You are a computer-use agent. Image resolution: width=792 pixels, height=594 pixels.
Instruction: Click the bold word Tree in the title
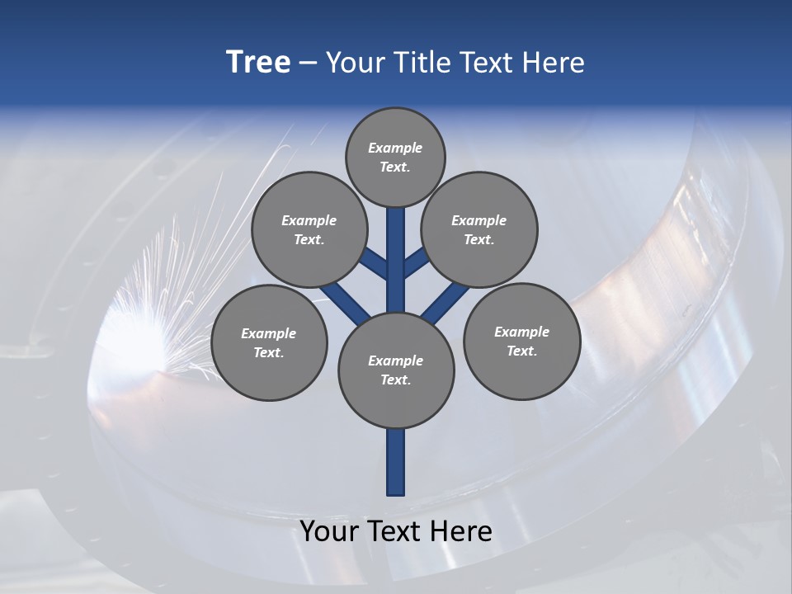coord(258,63)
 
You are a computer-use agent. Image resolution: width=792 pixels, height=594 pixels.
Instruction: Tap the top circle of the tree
coord(395,157)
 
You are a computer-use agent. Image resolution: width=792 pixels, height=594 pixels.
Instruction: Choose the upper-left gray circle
coord(309,229)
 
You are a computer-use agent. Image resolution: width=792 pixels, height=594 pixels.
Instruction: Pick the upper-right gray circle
coord(478,229)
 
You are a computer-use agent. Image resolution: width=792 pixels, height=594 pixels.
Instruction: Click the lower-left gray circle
coord(269,342)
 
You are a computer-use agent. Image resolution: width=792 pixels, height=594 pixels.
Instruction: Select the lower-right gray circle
coord(521,341)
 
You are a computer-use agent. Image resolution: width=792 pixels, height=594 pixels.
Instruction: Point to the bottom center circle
coord(396,370)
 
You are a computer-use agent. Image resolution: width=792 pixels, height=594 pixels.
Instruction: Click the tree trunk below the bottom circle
coord(396,462)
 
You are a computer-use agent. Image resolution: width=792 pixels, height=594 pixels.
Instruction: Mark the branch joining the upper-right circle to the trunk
coord(416,262)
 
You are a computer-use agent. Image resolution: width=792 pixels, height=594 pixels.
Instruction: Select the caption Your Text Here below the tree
coord(396,531)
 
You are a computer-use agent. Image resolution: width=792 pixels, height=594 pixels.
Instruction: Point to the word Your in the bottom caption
coord(328,531)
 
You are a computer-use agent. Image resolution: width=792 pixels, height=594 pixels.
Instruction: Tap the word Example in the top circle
coord(395,148)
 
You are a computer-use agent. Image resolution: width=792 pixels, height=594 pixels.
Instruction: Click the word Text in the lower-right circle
coord(521,351)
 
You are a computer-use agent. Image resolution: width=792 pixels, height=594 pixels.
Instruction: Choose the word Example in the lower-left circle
coord(268,333)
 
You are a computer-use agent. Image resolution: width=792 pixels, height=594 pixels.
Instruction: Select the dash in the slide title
coord(308,63)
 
